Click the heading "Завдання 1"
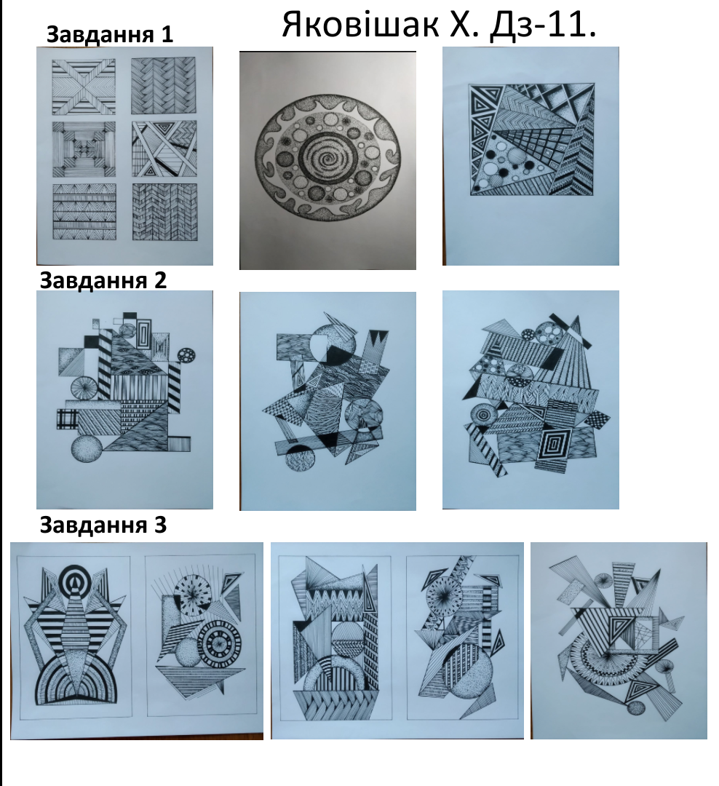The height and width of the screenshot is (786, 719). [110, 35]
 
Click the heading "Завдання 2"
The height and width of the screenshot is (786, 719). [103, 280]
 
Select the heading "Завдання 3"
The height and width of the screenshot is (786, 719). [103, 525]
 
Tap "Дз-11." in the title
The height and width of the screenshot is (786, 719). [543, 25]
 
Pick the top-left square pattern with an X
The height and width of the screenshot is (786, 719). [84, 86]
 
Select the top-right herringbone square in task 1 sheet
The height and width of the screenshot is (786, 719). [164, 86]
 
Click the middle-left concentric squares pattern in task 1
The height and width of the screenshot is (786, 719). [84, 149]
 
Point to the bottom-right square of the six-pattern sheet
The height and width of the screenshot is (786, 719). [164, 212]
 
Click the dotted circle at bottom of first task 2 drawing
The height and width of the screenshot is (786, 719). [88, 450]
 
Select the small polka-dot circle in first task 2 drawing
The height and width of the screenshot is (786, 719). [186, 355]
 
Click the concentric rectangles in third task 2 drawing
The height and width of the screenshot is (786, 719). [554, 444]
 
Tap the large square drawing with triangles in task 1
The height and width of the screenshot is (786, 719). [532, 139]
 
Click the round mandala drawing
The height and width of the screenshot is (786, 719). [328, 157]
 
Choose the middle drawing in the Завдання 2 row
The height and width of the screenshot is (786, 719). [328, 401]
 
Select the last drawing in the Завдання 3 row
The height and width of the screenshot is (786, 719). [619, 640]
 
